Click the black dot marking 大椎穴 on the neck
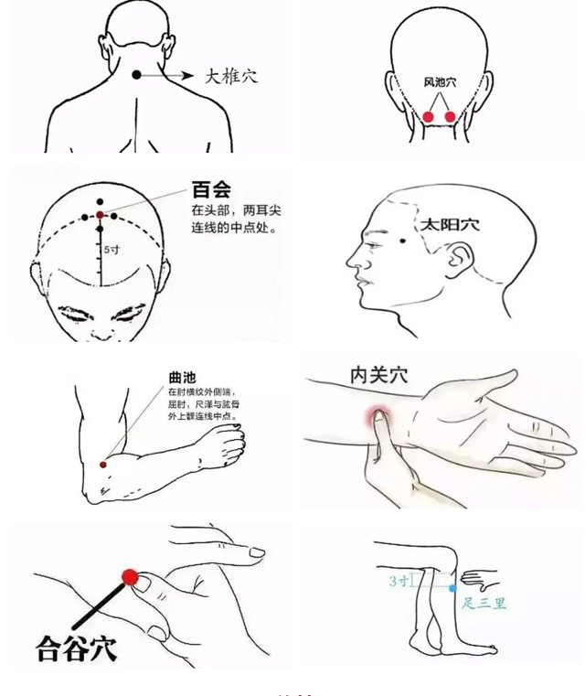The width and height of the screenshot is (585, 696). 137,75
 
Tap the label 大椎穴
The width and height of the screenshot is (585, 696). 230,76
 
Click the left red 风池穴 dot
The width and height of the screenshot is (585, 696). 429,116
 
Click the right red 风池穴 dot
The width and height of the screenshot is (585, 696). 450,116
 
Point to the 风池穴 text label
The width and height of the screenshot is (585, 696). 439,82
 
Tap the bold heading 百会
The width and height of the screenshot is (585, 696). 211,189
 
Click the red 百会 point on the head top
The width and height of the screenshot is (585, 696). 101,215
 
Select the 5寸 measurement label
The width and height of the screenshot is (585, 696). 111,249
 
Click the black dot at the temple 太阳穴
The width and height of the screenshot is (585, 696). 403,241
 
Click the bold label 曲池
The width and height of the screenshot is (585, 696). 181,377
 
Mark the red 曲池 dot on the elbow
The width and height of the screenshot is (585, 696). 103,465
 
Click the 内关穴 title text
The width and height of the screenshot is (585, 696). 378,374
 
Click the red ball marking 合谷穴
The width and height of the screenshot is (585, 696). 130,577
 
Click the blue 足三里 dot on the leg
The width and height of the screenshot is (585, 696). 452,588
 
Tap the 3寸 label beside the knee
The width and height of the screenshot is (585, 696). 398,581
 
